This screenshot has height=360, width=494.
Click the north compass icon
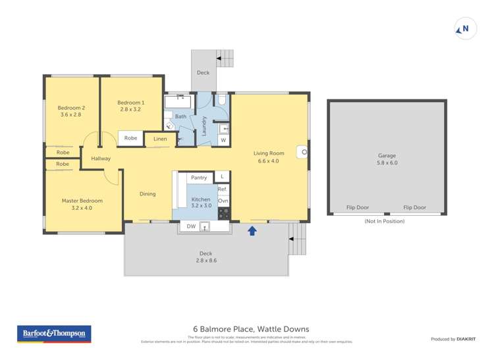point(466,29)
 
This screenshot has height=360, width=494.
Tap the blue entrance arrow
point(252,230)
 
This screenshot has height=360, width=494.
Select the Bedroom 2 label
point(71,111)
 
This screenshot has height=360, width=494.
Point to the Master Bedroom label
point(82,205)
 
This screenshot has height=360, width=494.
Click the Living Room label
point(269,157)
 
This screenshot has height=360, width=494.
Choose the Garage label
point(387,159)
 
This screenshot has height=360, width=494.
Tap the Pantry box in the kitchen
point(198,177)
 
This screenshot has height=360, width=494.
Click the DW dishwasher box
point(191,226)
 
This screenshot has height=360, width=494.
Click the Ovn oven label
point(223,200)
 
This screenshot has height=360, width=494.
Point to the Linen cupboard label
point(160,139)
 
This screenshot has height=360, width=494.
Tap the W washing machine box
point(223,140)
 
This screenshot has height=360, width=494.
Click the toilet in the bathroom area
point(222,100)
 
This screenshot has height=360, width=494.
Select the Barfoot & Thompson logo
point(54,334)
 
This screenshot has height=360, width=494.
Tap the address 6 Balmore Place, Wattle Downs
point(250,329)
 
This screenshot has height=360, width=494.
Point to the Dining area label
point(148,193)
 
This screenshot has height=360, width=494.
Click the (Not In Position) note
point(384,221)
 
